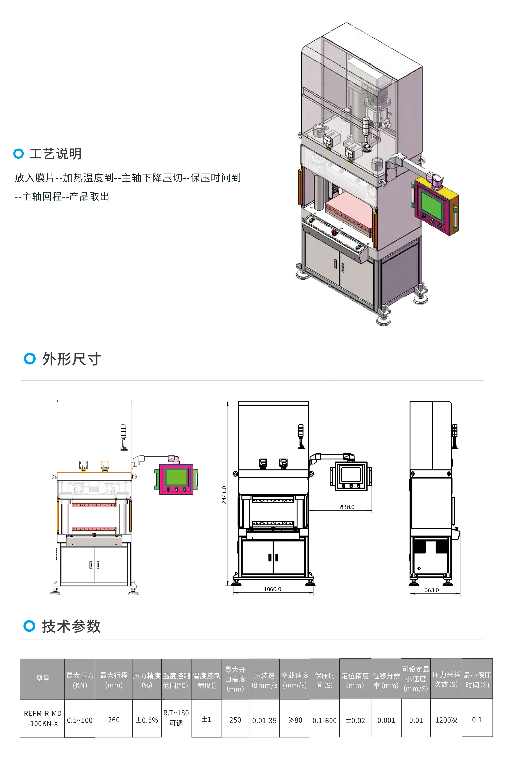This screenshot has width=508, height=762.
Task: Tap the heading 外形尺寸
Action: (x=71, y=359)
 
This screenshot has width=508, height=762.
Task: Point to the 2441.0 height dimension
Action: (x=224, y=494)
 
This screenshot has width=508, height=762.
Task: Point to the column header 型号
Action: (x=43, y=678)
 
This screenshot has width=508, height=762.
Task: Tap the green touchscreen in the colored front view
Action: (x=176, y=477)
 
